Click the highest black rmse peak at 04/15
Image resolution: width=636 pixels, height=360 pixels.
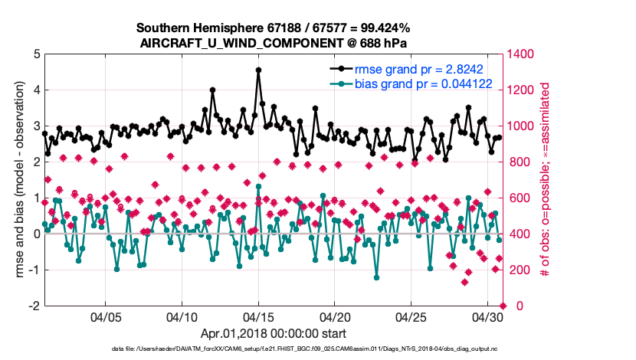pos(258,70)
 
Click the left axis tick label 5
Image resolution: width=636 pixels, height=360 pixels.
pos(35,54)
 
